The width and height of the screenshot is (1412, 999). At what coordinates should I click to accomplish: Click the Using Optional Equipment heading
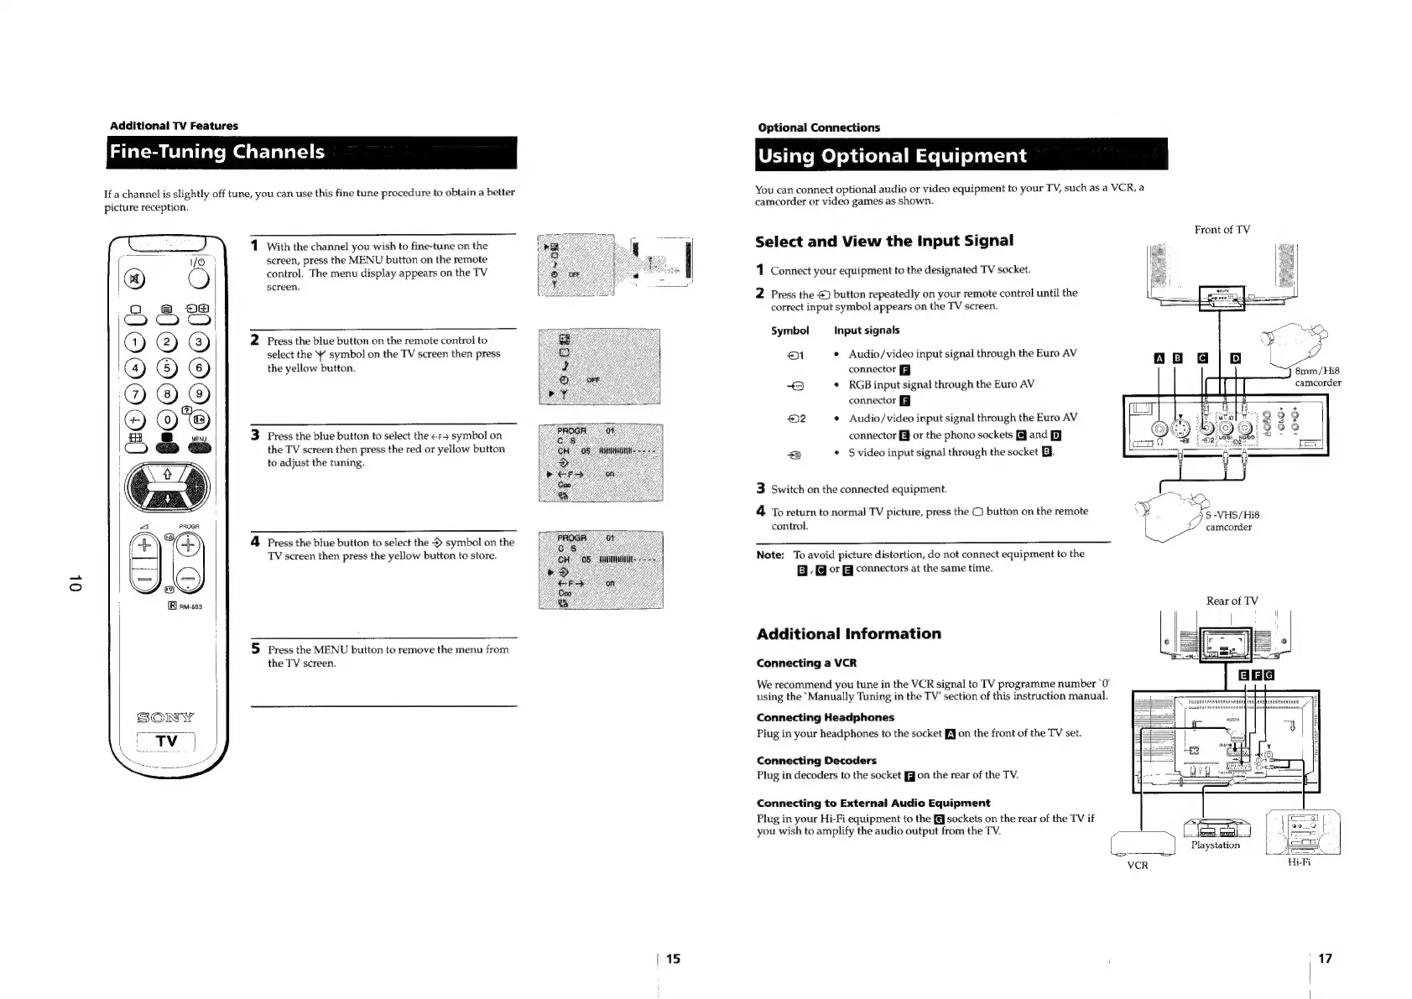(x=891, y=156)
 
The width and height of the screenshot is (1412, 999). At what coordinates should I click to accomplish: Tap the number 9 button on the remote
(x=199, y=393)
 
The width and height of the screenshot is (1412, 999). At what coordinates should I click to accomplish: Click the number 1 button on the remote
(x=133, y=342)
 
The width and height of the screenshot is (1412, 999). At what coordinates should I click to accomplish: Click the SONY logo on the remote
(x=166, y=717)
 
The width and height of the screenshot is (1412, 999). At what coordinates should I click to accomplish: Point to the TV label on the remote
(x=166, y=741)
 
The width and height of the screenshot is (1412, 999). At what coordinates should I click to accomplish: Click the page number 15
(x=673, y=959)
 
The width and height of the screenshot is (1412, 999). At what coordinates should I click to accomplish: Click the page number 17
(x=1325, y=959)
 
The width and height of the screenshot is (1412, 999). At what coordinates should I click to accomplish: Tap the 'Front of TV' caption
(x=1222, y=230)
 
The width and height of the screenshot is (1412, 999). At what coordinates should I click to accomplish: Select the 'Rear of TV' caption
(x=1231, y=601)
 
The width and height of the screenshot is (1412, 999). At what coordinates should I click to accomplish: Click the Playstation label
(x=1215, y=846)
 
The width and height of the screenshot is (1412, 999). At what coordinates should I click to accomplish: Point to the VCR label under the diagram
(x=1137, y=866)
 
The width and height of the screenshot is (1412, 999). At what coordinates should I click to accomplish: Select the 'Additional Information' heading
(x=848, y=633)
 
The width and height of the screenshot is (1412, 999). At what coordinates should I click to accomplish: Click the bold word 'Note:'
(x=770, y=554)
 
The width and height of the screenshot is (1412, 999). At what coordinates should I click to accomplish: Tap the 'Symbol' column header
(x=789, y=330)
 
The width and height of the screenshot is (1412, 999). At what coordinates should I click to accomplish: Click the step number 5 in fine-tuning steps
(x=255, y=648)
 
